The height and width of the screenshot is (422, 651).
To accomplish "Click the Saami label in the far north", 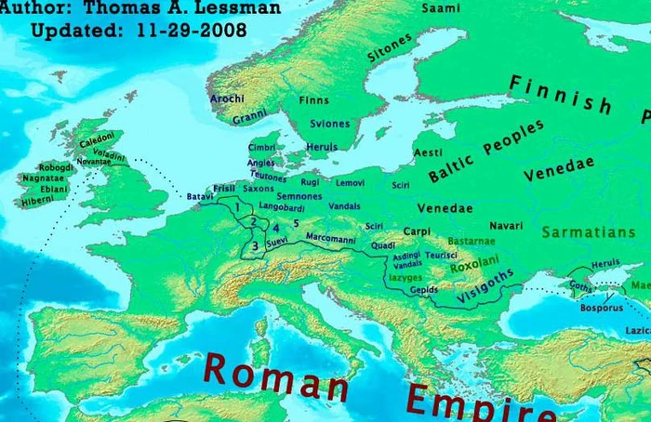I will [x=441, y=8].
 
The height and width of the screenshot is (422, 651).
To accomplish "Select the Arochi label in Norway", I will [x=227, y=98].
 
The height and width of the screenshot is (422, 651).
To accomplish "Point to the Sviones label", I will [x=330, y=124].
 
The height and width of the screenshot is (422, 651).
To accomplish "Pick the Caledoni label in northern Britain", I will [x=97, y=142].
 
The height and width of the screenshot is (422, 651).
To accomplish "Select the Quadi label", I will [x=382, y=245].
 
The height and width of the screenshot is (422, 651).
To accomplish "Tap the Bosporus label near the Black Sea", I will [x=601, y=307].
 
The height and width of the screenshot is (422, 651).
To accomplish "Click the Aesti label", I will [x=428, y=152].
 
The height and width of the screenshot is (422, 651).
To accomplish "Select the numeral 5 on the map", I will [x=296, y=223].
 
